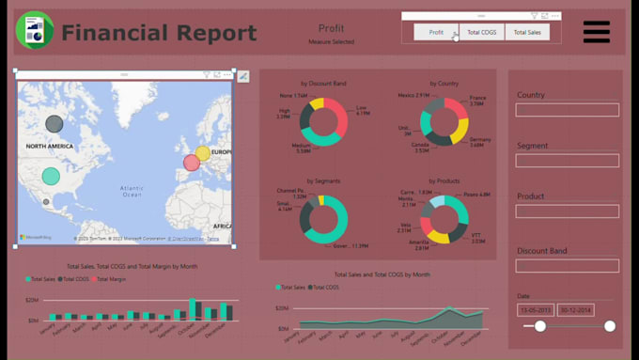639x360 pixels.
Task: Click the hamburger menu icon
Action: tap(596, 32)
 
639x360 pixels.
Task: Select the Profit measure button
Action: tap(436, 33)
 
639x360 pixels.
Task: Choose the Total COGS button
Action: tap(482, 33)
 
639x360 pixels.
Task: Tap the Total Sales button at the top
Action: tap(527, 33)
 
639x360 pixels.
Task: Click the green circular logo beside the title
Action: tap(35, 31)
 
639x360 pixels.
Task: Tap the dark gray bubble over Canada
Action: tap(55, 123)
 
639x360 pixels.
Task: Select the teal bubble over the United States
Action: tap(51, 176)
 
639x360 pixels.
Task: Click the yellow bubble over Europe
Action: tap(202, 153)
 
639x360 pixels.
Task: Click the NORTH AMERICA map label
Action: tap(50, 147)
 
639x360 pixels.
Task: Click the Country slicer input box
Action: tap(567, 110)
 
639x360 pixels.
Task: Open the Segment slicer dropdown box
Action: tap(567, 161)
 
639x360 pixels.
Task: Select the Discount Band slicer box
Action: tap(567, 266)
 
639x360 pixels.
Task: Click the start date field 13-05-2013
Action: tap(535, 309)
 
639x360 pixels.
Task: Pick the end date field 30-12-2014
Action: tap(575, 309)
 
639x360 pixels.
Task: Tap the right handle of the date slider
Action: tap(610, 326)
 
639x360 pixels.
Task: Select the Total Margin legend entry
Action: tap(110, 279)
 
